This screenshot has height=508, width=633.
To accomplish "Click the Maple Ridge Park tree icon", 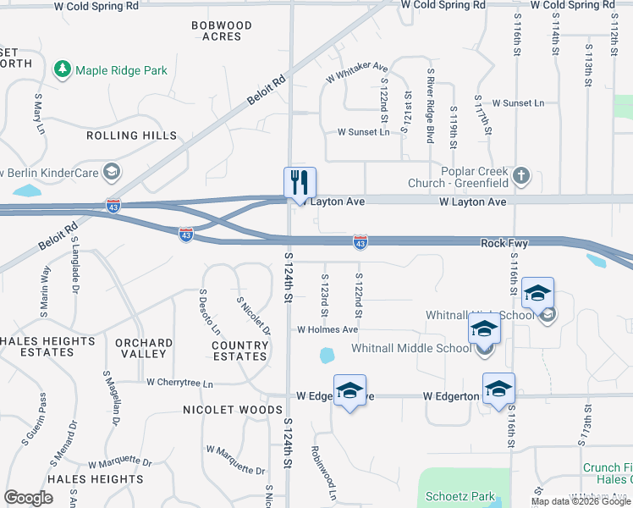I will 62,69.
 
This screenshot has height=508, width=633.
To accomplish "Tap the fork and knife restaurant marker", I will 300,182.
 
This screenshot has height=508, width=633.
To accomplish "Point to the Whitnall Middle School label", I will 411,348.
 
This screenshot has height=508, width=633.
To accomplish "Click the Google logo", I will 28,498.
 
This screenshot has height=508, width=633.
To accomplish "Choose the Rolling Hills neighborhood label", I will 132,135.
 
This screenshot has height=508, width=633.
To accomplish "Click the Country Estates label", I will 240,351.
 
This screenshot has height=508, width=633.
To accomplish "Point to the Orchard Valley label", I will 144,348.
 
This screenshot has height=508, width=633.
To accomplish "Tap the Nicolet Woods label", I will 233,410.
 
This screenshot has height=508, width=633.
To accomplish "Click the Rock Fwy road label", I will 504,243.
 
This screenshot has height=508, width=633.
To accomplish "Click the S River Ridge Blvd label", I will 431,105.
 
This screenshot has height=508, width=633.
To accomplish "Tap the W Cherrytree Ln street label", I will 179,383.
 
